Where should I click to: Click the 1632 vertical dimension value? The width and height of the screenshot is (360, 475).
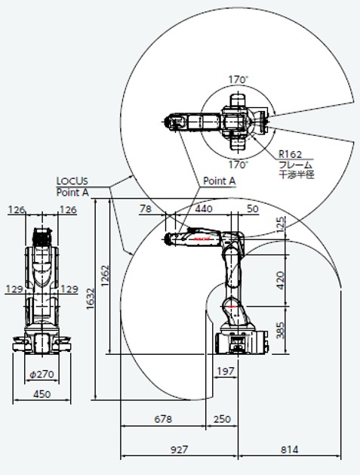coord(91,299)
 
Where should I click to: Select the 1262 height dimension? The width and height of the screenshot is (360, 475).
coord(105,276)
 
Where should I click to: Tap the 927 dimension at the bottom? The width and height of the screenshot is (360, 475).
coord(179,449)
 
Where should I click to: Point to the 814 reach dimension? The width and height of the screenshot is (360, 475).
coord(289,449)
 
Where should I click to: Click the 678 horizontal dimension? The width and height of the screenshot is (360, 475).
coord(163,419)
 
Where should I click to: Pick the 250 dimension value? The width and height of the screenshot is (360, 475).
coord(222,419)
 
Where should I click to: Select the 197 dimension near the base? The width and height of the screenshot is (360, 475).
coord(226,371)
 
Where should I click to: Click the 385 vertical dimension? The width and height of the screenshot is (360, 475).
coord(281,330)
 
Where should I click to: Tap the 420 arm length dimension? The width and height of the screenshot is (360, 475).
coord(281,280)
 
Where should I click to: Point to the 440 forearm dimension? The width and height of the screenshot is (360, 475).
coord(204,208)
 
